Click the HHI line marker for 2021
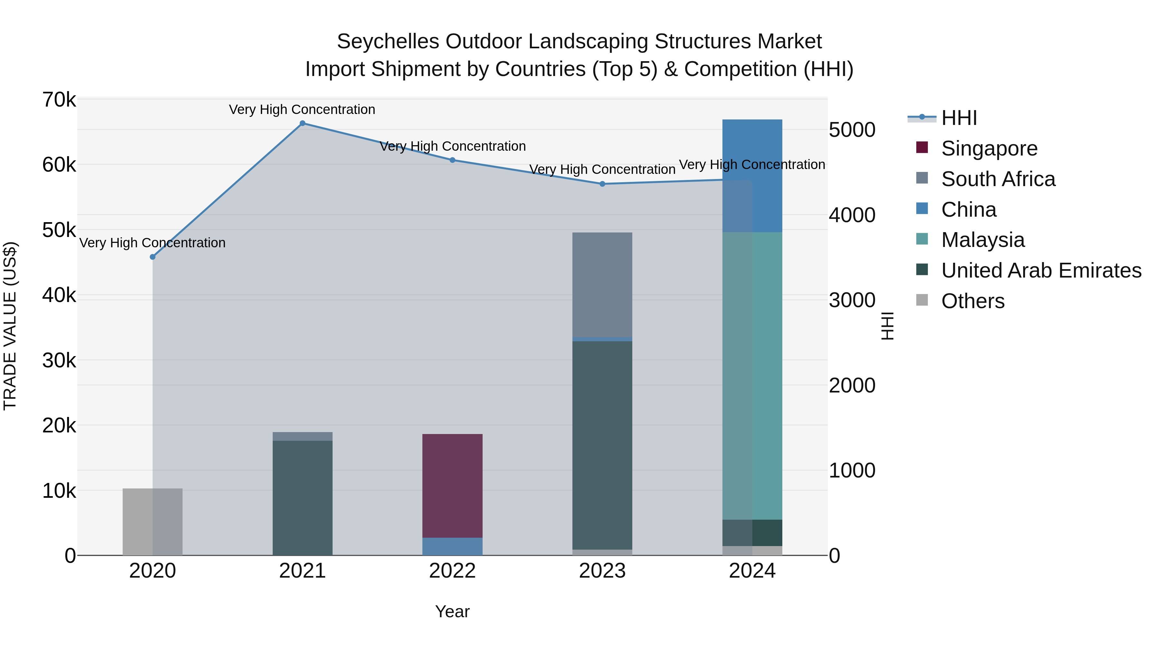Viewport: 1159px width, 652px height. pyautogui.click(x=302, y=123)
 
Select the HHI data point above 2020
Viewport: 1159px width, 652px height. pyautogui.click(x=153, y=257)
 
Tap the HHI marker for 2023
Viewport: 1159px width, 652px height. pyautogui.click(x=602, y=184)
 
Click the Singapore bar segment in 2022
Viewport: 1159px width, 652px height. pyautogui.click(x=452, y=486)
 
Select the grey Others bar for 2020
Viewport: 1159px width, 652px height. pyautogui.click(x=153, y=522)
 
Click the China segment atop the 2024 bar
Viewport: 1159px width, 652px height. pyautogui.click(x=752, y=175)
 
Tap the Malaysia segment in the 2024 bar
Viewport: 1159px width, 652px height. pyautogui.click(x=752, y=376)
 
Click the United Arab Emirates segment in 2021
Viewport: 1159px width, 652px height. pyautogui.click(x=302, y=498)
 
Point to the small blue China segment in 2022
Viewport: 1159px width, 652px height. pyautogui.click(x=452, y=546)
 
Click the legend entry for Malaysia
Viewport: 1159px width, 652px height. pyautogui.click(x=983, y=240)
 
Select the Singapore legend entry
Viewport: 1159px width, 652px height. pyautogui.click(x=989, y=148)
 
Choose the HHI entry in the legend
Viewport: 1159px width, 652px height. pyautogui.click(x=959, y=118)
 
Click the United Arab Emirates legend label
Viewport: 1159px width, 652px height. pyautogui.click(x=1041, y=270)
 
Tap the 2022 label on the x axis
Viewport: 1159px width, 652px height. pyautogui.click(x=452, y=571)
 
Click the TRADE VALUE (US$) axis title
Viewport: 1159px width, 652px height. pyautogui.click(x=10, y=326)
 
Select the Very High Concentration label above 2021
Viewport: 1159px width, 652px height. pyautogui.click(x=302, y=109)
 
